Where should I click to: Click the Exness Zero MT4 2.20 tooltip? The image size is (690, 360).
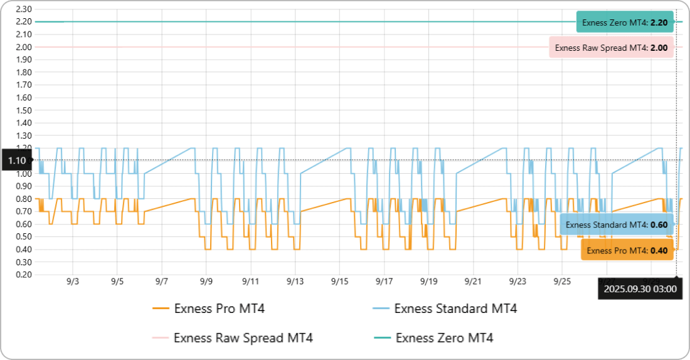tap(625, 22)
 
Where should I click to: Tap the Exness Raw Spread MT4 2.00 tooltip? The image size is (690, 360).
tap(611, 47)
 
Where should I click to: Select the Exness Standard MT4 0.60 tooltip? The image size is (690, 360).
tap(616, 225)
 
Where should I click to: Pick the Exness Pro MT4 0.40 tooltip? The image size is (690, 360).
tap(627, 250)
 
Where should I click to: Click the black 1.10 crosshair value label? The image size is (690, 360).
tap(17, 161)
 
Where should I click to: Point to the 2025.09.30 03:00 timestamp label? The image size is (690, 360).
tap(640, 289)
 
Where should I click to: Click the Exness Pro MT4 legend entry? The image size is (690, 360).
tap(213, 308)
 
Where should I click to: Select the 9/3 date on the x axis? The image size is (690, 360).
tap(73, 282)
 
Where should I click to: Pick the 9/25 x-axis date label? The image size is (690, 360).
tap(562, 282)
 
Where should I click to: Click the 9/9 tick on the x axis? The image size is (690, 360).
tap(206, 282)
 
